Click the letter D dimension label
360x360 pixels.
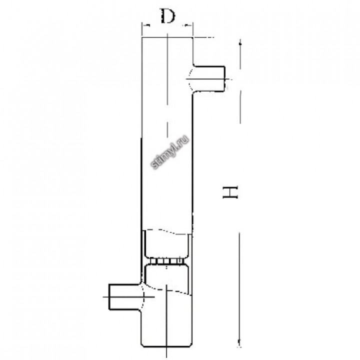tap(167, 16)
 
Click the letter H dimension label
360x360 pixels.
tap(230, 192)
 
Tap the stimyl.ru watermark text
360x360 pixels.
tap(170, 152)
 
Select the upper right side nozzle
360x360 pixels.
tap(209, 79)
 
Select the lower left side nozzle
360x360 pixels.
tap(125, 297)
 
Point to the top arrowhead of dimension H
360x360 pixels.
tap(240, 44)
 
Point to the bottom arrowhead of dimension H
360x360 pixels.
tap(239, 342)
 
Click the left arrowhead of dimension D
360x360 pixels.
tap(145, 25)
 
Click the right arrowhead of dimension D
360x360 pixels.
tap(188, 25)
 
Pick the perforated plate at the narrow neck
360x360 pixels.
tap(167, 261)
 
